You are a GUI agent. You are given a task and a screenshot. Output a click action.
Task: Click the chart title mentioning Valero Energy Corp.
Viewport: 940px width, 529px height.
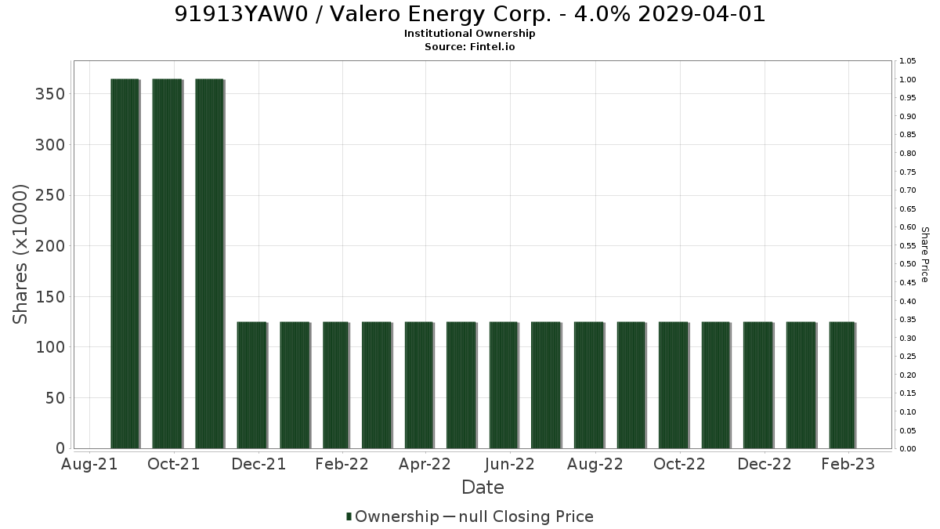click(470, 14)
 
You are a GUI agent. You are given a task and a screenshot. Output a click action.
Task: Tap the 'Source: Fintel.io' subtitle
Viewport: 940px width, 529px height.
click(469, 46)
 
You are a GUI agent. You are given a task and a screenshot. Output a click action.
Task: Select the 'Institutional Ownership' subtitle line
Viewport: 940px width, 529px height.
click(469, 34)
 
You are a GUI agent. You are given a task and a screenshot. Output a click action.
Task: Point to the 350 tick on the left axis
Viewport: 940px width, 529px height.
click(50, 94)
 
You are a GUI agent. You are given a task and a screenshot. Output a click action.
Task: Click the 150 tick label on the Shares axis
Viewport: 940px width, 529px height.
click(50, 297)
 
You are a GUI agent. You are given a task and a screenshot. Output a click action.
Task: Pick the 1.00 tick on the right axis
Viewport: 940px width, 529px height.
click(908, 79)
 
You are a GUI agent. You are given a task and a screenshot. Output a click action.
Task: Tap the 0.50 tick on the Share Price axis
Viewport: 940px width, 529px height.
click(908, 263)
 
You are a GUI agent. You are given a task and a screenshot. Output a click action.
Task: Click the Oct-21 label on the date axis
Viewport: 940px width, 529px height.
click(174, 464)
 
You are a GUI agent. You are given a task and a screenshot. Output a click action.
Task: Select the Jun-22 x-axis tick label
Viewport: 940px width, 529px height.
click(510, 464)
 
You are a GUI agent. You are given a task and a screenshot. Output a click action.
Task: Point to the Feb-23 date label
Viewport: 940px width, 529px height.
click(848, 464)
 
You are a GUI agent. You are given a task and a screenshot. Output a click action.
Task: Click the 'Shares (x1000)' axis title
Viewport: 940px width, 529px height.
click(20, 255)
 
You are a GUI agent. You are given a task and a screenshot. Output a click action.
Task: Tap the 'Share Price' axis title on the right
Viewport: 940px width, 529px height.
click(925, 255)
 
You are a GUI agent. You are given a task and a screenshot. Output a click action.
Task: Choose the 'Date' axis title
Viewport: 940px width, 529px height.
click(483, 487)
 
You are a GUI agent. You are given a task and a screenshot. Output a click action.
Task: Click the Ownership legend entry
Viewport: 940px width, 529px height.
click(392, 516)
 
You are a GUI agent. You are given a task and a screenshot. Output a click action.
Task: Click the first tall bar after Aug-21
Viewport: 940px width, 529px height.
click(125, 263)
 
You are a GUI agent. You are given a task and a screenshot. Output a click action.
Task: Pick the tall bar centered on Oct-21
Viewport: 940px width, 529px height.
click(168, 263)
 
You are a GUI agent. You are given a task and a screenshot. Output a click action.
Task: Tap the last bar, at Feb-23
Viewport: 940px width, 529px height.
click(843, 385)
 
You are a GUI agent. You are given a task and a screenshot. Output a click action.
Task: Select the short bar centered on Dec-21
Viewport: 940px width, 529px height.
click(252, 385)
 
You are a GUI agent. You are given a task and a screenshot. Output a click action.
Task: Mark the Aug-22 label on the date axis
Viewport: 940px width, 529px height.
click(595, 464)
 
